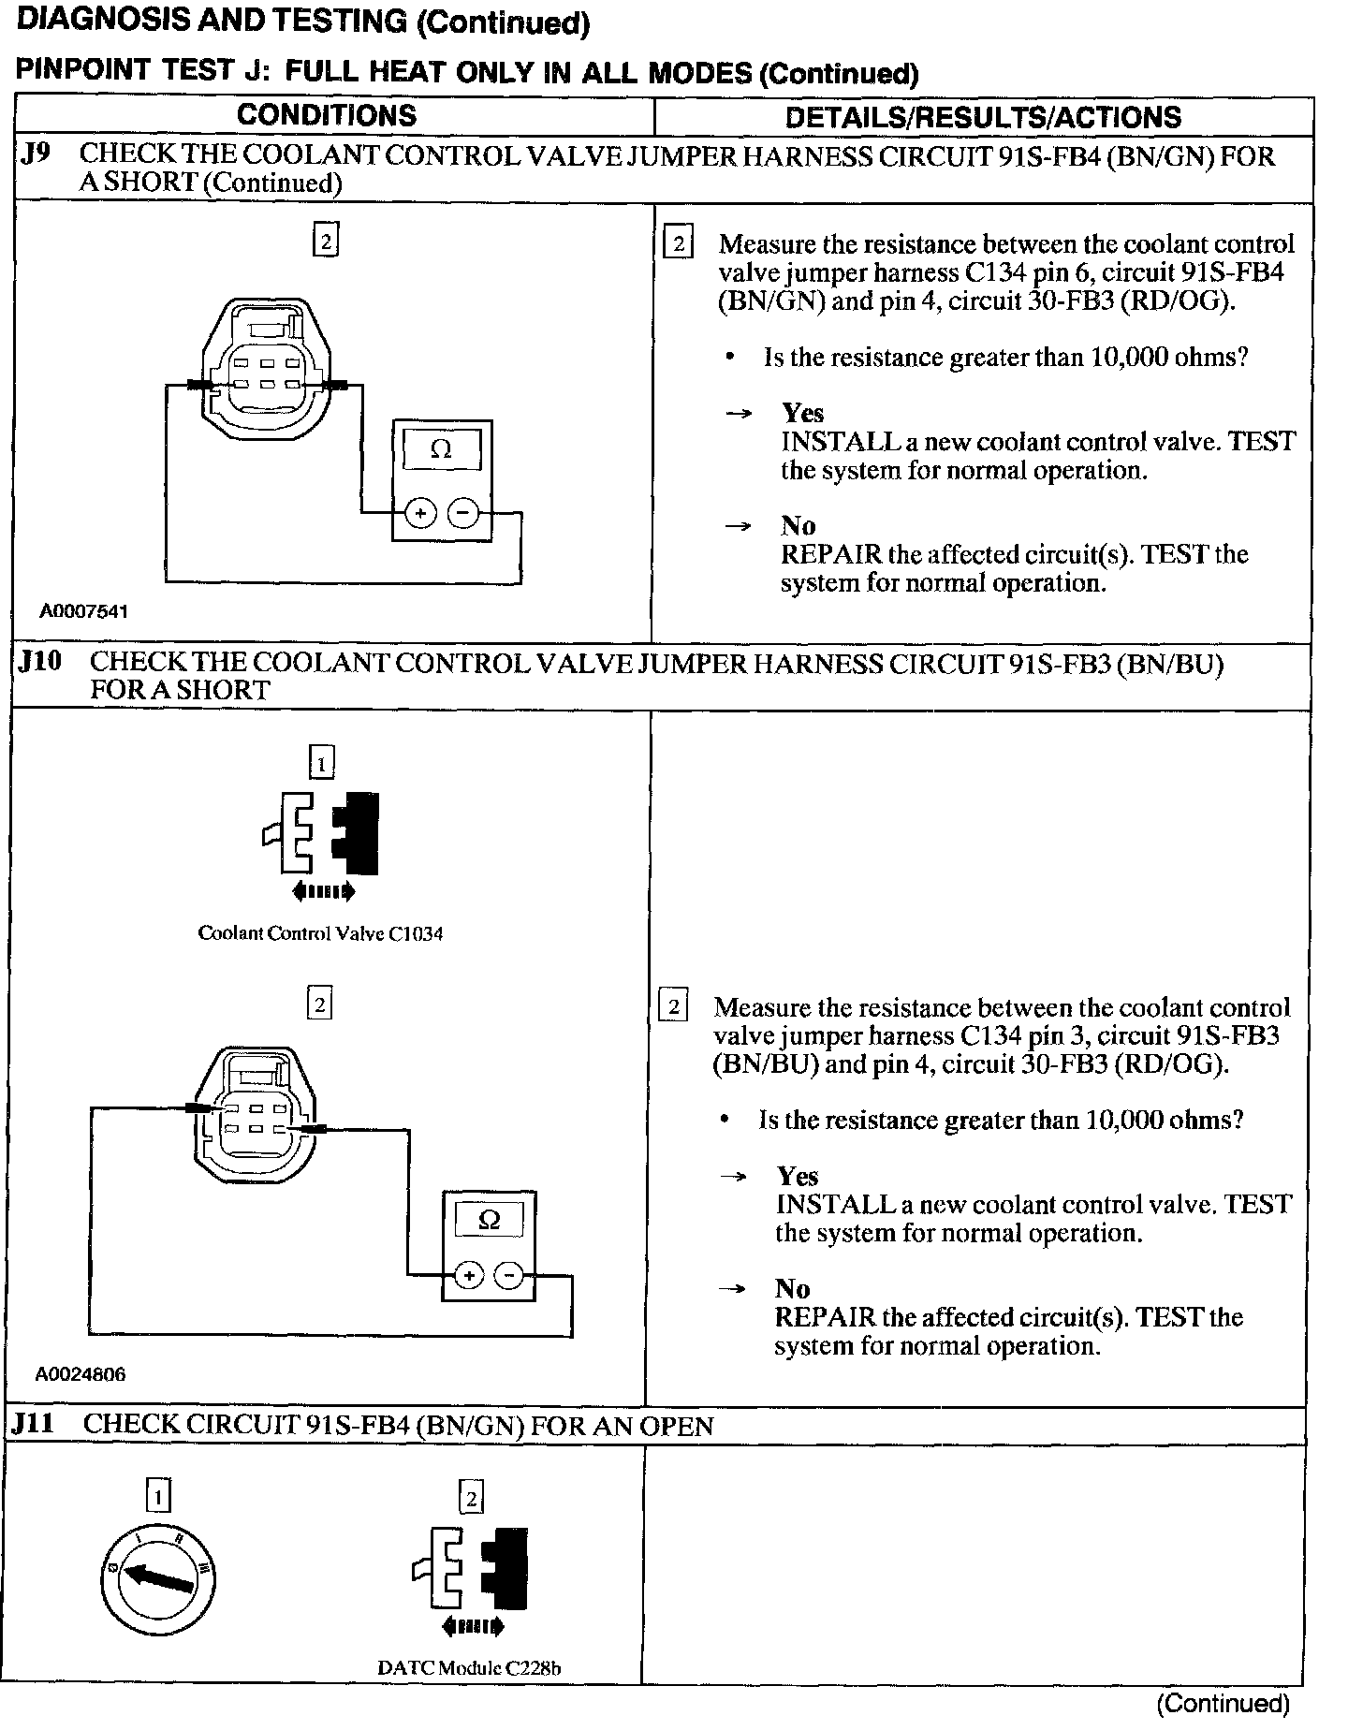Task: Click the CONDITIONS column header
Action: [326, 115]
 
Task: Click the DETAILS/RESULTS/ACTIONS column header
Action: [983, 117]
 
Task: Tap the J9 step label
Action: [37, 154]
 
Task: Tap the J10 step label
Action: [39, 662]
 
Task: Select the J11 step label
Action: [34, 1424]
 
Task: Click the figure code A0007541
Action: [83, 611]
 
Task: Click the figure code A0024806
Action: [81, 1374]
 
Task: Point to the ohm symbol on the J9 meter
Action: [441, 450]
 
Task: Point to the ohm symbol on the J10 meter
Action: [489, 1220]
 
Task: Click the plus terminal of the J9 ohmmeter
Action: [420, 513]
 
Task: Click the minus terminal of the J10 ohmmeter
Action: [508, 1275]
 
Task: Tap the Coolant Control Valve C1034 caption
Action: [320, 933]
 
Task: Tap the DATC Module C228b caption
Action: [469, 1668]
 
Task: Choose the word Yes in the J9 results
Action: [802, 413]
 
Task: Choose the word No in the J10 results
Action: [792, 1289]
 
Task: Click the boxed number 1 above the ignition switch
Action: [158, 1498]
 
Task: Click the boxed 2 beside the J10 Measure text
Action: [673, 1007]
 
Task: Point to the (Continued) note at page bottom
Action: [1223, 1704]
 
